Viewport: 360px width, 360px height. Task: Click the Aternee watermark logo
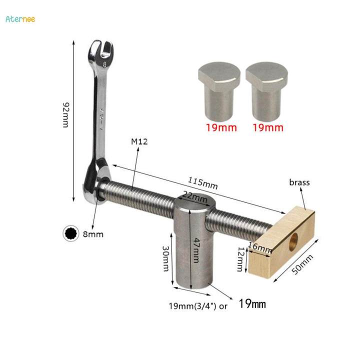click(x=20, y=19)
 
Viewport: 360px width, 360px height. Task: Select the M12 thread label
click(x=140, y=142)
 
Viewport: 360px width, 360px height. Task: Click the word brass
click(x=299, y=182)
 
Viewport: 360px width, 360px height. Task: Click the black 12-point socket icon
click(x=71, y=233)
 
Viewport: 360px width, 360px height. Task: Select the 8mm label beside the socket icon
click(x=93, y=233)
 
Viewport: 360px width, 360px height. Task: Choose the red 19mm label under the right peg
click(x=267, y=127)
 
